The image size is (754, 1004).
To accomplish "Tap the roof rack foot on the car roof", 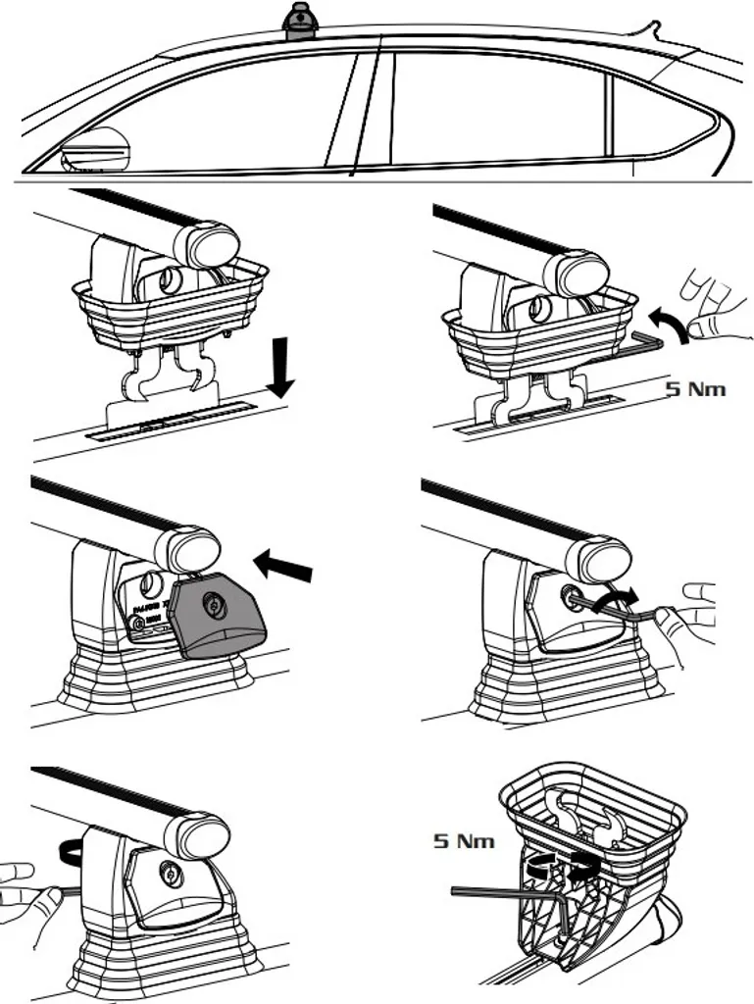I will tap(301, 22).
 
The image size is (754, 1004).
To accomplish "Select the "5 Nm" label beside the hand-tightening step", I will tap(697, 389).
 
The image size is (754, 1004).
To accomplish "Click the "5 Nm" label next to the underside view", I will tap(464, 840).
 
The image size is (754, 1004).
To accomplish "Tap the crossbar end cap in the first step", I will tap(212, 243).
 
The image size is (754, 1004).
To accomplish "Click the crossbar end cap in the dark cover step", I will tap(193, 549).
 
